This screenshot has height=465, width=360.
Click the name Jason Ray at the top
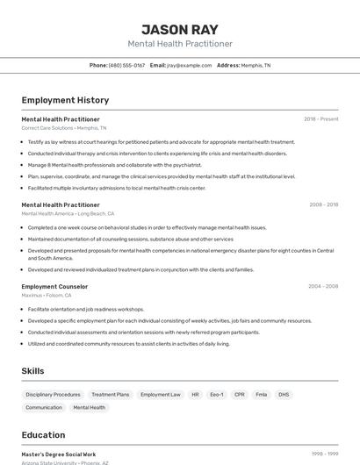(180, 29)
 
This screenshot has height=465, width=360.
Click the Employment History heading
(65, 100)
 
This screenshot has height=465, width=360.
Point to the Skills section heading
(32, 371)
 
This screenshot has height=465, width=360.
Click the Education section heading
(43, 435)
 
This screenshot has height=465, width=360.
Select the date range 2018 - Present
(320, 119)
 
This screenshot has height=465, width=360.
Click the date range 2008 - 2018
(323, 204)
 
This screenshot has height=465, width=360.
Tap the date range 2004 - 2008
(323, 287)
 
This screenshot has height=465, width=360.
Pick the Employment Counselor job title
(54, 287)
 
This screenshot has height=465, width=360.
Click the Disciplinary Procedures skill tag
(53, 395)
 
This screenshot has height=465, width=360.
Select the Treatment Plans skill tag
(111, 395)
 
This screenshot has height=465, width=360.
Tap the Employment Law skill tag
(161, 395)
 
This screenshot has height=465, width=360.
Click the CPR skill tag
(239, 395)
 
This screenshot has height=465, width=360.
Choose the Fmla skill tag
(262, 395)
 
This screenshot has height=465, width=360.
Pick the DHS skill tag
(284, 395)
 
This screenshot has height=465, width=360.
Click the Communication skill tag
(44, 408)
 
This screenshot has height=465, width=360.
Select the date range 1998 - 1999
(324, 454)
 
